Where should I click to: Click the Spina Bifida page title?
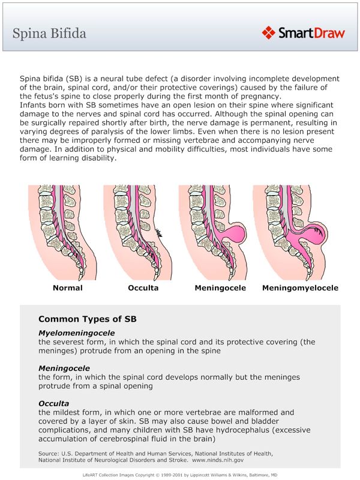pyautogui.click(x=49, y=32)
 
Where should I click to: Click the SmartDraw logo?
pyautogui.click(x=304, y=32)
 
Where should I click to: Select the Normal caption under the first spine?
pyautogui.click(x=68, y=288)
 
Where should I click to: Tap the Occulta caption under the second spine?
pyautogui.click(x=143, y=288)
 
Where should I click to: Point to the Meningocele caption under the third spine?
pyautogui.click(x=220, y=288)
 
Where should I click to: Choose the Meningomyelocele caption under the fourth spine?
pyautogui.click(x=300, y=288)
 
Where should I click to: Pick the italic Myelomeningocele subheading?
pyautogui.click(x=76, y=333)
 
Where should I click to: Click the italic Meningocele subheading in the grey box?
pyautogui.click(x=64, y=368)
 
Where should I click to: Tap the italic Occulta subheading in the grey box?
pyautogui.click(x=54, y=403)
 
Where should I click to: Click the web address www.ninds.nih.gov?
pyautogui.click(x=218, y=460)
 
